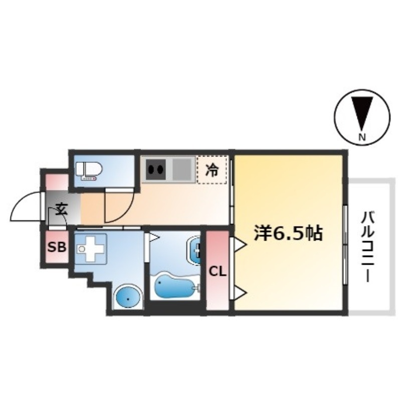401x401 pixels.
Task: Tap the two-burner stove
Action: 156,169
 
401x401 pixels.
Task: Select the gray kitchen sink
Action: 182,169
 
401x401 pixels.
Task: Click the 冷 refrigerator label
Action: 212,169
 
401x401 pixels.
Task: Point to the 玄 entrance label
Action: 61,209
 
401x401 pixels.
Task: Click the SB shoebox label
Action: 57,247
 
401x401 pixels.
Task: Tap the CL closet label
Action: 218,272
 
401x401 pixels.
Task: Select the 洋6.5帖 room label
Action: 288,233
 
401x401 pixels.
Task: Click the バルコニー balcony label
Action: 367,246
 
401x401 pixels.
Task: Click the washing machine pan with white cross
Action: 90,249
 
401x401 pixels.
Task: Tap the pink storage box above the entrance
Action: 57,182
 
